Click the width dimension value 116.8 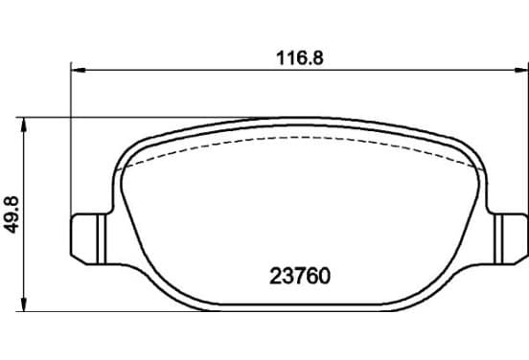[300, 58]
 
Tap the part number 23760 [300, 277]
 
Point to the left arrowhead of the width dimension [79, 70]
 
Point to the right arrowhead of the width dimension [520, 70]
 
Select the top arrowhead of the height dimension [24, 124]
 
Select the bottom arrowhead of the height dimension [24, 304]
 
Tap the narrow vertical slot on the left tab [102, 239]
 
